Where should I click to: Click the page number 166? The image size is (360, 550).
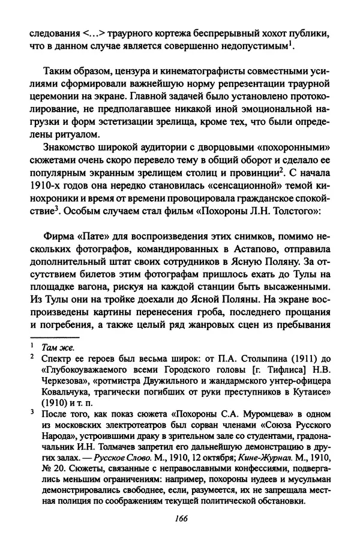pyautogui.click(x=179, y=533)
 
